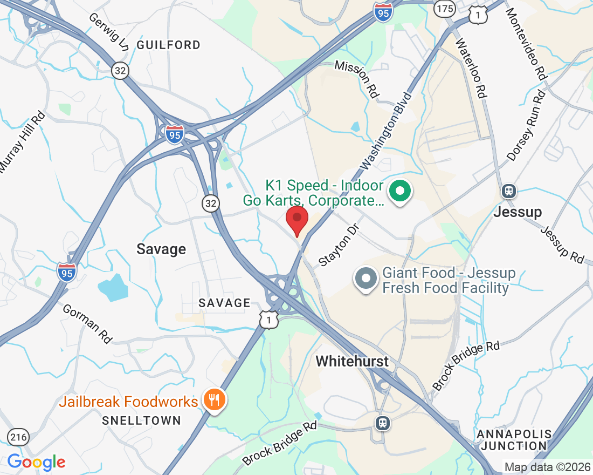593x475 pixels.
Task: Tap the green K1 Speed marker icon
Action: point(400,191)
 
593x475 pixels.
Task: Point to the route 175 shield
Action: point(445,8)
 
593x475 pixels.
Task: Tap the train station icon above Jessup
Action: point(508,191)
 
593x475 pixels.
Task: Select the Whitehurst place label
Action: point(352,361)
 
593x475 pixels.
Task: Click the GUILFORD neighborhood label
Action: point(168,45)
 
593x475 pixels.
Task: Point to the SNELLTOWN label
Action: point(142,420)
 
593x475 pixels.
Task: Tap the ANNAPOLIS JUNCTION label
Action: point(514,440)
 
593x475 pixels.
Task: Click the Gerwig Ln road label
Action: point(109,32)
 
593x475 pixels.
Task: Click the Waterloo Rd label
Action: point(472,67)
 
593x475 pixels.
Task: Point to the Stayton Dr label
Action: point(339,246)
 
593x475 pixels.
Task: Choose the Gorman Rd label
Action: point(87,324)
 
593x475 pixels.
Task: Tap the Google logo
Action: point(36,462)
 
